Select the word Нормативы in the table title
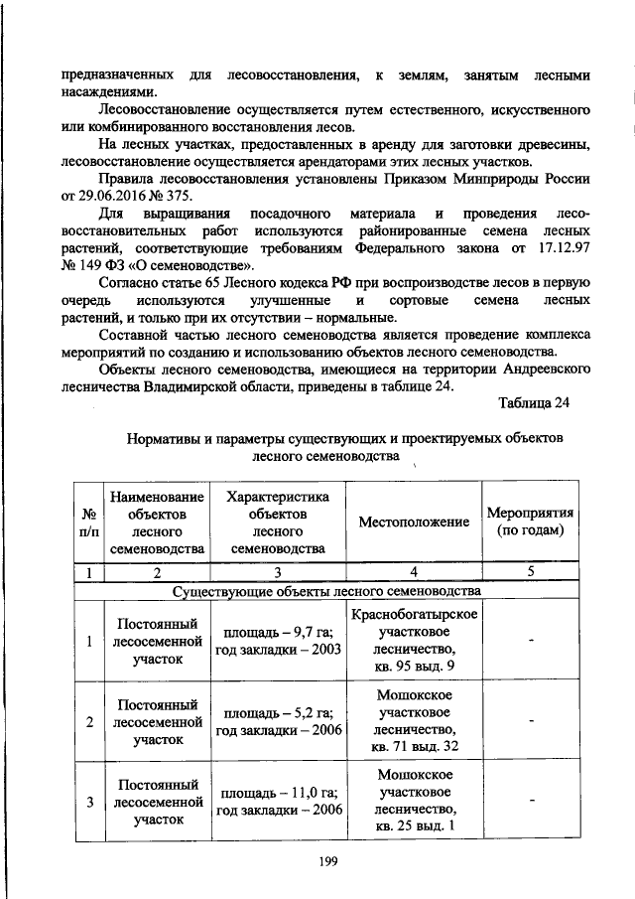tap(163, 438)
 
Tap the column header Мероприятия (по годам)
tap(531, 522)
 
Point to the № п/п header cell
tap(89, 523)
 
